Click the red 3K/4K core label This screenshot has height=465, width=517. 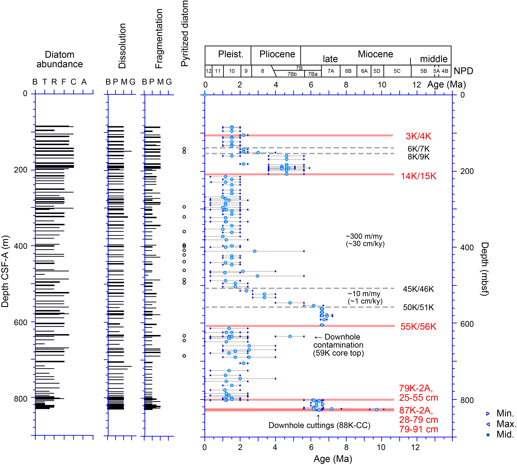418,136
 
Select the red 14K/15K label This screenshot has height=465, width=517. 418,176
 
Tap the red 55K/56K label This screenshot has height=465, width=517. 418,327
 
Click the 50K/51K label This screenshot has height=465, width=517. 418,307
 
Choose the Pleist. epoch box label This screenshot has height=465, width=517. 231,54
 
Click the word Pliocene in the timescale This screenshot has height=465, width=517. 277,54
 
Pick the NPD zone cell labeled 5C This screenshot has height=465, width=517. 397,71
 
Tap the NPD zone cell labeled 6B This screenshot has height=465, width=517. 348,71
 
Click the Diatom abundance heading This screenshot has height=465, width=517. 59,59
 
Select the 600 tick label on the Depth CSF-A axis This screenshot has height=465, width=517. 20,322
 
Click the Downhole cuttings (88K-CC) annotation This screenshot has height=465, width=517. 319,425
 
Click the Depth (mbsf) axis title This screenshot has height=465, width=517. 485,269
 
